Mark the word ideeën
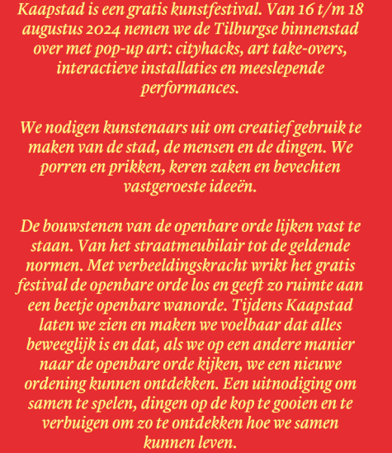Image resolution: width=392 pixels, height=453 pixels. point(234,186)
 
